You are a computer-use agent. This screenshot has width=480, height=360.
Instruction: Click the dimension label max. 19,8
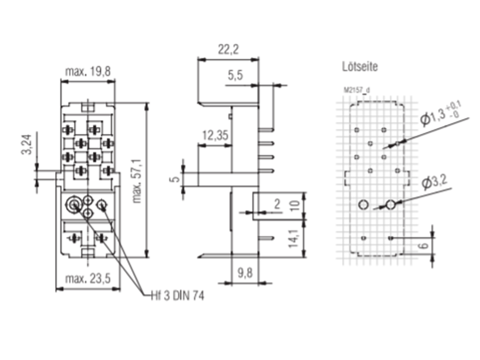(x=88, y=71)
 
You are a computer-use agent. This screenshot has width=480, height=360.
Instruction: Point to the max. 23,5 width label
(x=88, y=278)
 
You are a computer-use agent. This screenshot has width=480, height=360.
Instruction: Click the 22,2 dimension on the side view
(x=228, y=50)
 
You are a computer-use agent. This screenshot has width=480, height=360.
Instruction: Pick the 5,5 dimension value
(x=235, y=76)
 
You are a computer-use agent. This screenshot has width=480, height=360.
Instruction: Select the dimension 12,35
(x=215, y=135)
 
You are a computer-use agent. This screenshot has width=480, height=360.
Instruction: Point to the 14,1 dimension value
(x=293, y=238)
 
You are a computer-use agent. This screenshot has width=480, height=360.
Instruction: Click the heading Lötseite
(x=360, y=67)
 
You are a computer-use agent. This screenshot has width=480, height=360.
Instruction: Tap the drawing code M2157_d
(x=356, y=91)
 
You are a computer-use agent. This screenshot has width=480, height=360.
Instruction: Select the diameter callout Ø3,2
(x=434, y=183)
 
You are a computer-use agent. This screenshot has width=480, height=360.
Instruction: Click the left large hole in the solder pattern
(x=364, y=205)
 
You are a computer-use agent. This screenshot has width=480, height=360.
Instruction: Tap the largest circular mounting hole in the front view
(x=74, y=204)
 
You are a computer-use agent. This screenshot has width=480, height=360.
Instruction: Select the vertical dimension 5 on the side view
(x=174, y=178)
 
